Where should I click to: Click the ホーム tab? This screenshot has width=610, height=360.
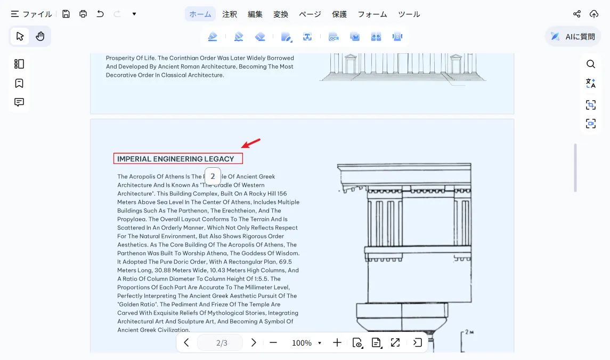point(200,14)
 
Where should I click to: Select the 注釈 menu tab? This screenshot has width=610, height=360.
point(230,14)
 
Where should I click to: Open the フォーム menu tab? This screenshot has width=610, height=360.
point(372,14)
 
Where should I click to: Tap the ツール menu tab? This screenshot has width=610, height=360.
point(409,14)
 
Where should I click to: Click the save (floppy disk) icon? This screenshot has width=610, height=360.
point(66,14)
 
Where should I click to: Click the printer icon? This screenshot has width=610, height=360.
point(83,14)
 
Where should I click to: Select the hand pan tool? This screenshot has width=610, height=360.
point(40,36)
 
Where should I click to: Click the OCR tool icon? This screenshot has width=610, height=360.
point(334,37)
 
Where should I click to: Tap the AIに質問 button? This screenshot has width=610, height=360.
point(573,37)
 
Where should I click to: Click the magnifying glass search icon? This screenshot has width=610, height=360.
point(590,64)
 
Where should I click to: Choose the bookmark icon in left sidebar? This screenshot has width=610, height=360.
point(19,83)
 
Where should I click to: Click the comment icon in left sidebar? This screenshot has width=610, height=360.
point(19,102)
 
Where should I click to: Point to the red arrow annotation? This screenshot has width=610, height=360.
point(250,143)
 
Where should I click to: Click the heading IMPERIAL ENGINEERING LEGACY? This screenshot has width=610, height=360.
point(175,159)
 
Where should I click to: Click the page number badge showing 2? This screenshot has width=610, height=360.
point(213,176)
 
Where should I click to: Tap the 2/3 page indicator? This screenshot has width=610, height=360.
point(222,343)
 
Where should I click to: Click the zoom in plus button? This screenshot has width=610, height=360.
point(337,342)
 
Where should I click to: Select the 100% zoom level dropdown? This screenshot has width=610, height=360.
point(306,343)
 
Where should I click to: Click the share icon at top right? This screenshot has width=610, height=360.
point(576,14)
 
